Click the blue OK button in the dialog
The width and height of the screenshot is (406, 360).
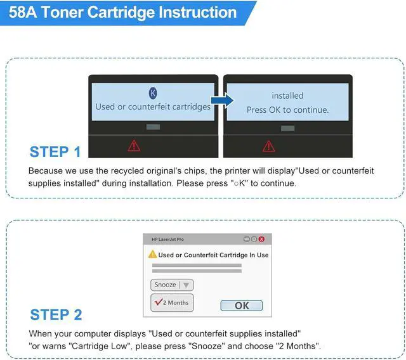241,305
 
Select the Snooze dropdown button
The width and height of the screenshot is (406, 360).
172,285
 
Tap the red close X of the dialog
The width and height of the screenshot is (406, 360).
261,239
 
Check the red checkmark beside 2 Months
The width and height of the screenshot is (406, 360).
158,302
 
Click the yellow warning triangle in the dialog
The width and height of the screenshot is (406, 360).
152,254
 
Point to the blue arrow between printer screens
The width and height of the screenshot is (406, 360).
223,100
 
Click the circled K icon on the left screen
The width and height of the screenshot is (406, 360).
153,93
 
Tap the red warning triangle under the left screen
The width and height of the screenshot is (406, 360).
134,146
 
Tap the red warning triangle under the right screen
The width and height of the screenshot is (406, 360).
268,146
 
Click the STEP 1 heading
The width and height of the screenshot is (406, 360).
55,152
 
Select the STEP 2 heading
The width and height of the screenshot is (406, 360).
56,315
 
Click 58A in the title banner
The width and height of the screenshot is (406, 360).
23,12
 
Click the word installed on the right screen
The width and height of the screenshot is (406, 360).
287,96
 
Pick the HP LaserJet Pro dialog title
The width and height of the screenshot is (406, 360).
167,240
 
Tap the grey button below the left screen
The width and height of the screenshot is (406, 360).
153,127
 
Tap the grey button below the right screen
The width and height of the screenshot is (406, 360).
287,128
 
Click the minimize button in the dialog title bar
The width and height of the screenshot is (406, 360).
247,239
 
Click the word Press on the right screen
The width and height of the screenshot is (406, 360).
256,110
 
